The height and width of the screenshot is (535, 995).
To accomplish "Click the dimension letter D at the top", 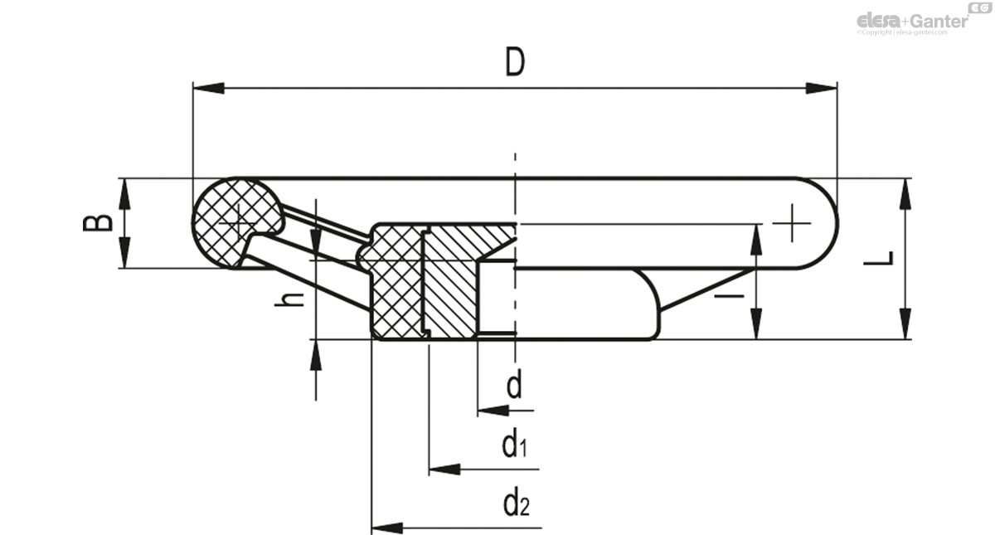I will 515,62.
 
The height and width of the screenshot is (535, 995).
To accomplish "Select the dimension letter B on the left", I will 98,222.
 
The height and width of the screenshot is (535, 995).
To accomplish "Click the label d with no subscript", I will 514,385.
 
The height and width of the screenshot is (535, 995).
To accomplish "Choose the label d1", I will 514,445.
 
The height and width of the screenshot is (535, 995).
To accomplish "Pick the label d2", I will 515,502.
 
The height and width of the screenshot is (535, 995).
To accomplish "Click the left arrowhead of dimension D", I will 207,87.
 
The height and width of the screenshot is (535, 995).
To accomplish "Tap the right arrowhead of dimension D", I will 822,87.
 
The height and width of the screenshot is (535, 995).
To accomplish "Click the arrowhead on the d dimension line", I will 493,410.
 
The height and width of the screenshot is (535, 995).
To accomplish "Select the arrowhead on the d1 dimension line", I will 444,469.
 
